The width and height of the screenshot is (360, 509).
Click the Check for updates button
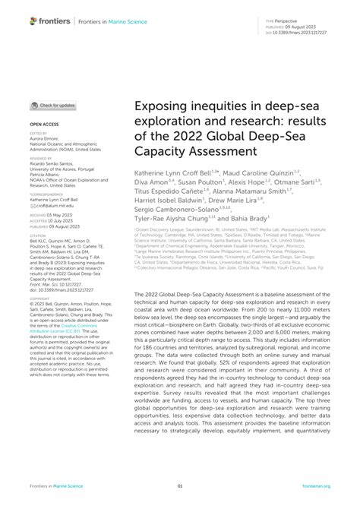tap(52, 105)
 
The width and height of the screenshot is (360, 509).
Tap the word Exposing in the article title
tap(160, 112)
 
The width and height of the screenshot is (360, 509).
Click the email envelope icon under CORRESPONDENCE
tap(33, 194)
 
